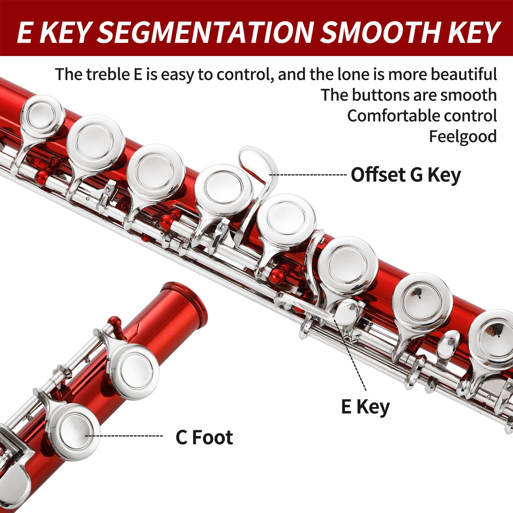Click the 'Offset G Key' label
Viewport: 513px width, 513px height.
pyautogui.click(x=406, y=175)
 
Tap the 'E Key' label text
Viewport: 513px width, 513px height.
pyautogui.click(x=365, y=407)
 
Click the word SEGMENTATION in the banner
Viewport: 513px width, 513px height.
pyautogui.click(x=205, y=32)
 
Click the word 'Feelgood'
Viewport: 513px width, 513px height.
pyautogui.click(x=463, y=136)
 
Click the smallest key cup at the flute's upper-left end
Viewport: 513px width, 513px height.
pyautogui.click(x=42, y=115)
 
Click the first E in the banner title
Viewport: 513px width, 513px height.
pyautogui.click(x=25, y=32)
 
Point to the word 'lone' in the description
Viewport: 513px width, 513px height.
pyautogui.click(x=353, y=74)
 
